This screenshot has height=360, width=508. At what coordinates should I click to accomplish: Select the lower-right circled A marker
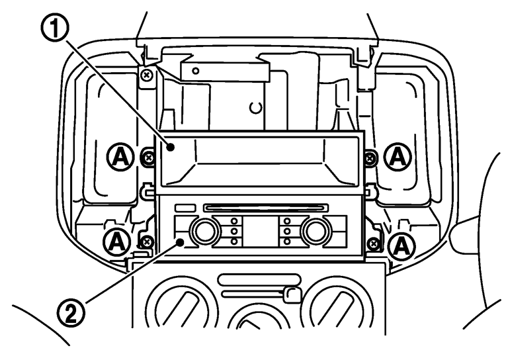point(401,246)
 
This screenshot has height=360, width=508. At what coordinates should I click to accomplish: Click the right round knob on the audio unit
point(316,232)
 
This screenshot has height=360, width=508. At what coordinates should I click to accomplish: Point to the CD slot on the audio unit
point(265,208)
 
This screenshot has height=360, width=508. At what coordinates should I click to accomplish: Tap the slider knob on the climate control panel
point(289,292)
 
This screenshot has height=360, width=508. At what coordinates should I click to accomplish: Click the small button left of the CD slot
point(185,208)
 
